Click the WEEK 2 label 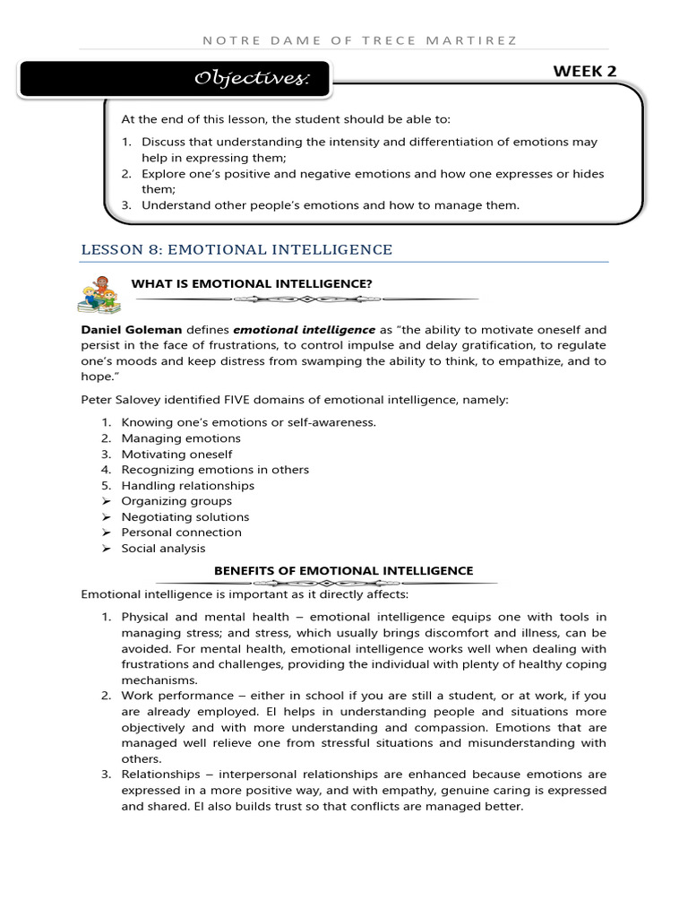(x=585, y=72)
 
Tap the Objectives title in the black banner (x=252, y=80)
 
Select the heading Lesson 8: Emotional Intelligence (x=236, y=249)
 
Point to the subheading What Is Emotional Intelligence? (x=252, y=284)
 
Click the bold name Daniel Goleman (x=131, y=330)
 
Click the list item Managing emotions (x=181, y=438)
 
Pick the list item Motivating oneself (x=176, y=455)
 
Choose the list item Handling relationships (x=187, y=486)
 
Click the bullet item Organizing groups (x=176, y=501)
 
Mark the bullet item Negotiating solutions (x=185, y=517)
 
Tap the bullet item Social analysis (x=163, y=549)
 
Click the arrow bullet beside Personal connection (x=105, y=533)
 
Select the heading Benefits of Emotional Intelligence (x=343, y=571)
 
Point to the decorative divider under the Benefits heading (x=343, y=584)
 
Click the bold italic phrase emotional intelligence (x=305, y=330)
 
